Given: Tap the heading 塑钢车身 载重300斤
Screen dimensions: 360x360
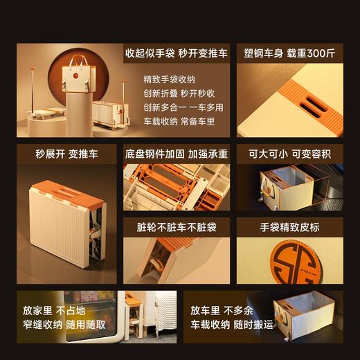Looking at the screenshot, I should tap(285, 53).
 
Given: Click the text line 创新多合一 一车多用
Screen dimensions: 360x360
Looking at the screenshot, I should tap(179, 107).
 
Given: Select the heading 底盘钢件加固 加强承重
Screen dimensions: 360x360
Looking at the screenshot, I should tap(176, 154).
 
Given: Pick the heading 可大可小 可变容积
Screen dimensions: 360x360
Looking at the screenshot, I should tap(285, 154).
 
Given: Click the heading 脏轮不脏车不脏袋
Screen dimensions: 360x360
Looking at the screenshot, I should tap(176, 226).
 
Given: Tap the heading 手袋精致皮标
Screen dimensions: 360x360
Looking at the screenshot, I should tap(285, 226).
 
